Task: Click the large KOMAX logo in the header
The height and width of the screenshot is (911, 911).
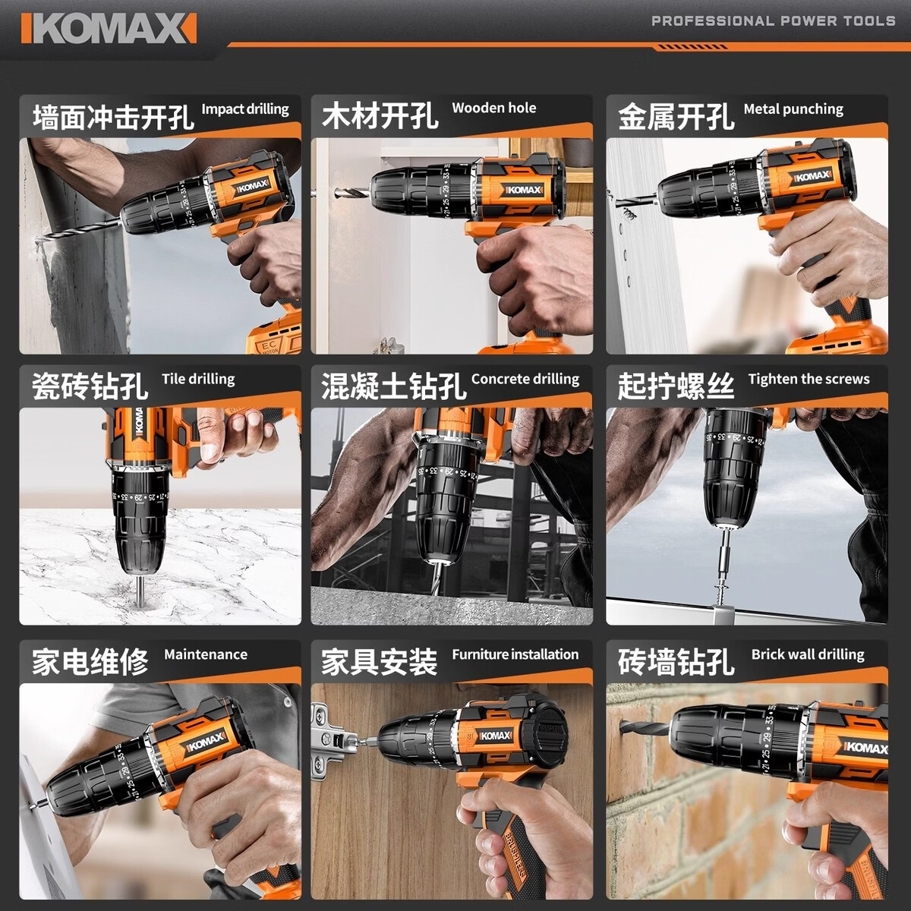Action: coord(109,28)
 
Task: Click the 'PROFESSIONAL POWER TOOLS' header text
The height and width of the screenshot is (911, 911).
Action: coord(773,20)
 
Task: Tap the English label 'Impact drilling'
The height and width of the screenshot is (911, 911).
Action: coord(245,109)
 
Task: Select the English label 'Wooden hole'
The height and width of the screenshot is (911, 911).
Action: coord(494,108)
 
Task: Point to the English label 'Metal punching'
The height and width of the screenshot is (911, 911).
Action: coord(793,109)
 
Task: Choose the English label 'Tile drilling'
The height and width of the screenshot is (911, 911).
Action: coord(198,379)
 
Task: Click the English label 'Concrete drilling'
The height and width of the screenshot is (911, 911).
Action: coord(525,379)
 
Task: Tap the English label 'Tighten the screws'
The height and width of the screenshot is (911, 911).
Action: coord(809,379)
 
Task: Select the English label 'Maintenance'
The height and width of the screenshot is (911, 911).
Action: coord(206,654)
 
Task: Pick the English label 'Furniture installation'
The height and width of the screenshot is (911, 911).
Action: coord(515,654)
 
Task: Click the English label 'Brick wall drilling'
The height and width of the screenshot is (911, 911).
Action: coord(808,654)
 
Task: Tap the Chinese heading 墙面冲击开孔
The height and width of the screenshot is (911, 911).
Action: coord(113,118)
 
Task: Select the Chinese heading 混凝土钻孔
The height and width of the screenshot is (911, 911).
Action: coord(393,386)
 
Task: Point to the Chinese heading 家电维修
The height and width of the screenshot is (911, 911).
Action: coord(90,661)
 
